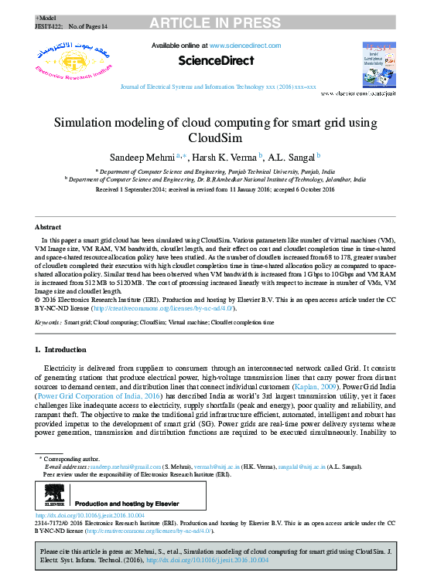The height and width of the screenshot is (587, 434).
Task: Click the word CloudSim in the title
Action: [216, 138]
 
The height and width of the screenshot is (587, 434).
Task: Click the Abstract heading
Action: [48, 227]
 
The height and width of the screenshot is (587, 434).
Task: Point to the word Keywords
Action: [48, 321]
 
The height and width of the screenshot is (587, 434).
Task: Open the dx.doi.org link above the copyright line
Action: [80, 515]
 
